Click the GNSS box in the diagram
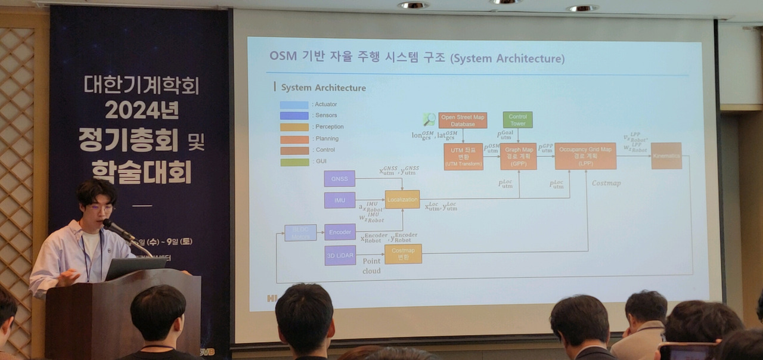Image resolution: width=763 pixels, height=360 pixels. tap(340, 179)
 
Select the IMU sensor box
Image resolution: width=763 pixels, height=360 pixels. tap(340, 200)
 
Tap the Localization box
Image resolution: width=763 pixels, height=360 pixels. tap(402, 199)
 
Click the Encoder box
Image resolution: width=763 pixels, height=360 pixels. tap(340, 232)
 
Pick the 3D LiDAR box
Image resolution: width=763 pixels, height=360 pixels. tap(340, 255)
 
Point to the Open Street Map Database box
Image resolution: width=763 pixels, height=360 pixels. tap(463, 120)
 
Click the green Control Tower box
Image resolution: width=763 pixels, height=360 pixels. tap(517, 120)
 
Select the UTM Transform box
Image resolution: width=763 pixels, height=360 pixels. tap(463, 156)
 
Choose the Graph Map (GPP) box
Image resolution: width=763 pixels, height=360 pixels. tap(518, 156)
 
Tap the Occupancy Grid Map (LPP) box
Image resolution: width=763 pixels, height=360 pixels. tap(585, 156)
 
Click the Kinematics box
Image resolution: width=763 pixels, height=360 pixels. tap(666, 156)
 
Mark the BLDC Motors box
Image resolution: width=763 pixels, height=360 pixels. tap(300, 232)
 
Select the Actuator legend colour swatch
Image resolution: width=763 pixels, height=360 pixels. tap(294, 105)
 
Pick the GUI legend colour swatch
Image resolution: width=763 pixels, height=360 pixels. tap(294, 162)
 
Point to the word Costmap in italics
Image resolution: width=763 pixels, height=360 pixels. tap(606, 183)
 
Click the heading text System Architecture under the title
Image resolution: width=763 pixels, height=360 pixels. tap(323, 88)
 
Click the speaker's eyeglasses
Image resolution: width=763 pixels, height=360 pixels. tap(99, 208)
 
